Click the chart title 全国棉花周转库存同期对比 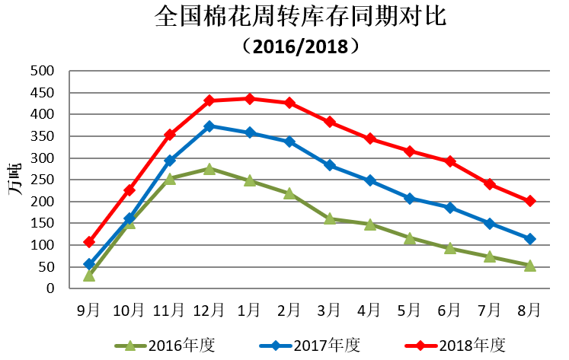click(x=300, y=17)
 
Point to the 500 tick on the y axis click(x=43, y=71)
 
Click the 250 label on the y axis click(x=43, y=180)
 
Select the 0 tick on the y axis click(x=52, y=289)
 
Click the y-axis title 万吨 click(x=14, y=180)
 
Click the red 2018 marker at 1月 click(x=249, y=99)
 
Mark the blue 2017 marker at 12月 click(x=209, y=126)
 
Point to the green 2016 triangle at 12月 click(x=209, y=168)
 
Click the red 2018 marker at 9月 click(x=89, y=242)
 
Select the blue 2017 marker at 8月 click(x=529, y=239)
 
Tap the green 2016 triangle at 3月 click(x=329, y=218)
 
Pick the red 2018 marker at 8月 click(x=529, y=201)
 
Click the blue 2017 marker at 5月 click(x=409, y=199)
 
